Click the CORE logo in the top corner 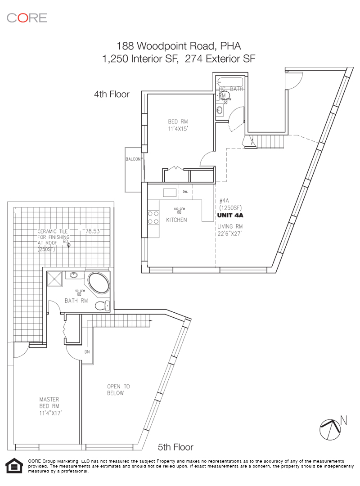coord(27,18)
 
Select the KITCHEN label coord(176,220)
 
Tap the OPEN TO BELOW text coord(118,390)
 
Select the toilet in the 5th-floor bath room coord(103,306)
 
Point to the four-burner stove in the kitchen coord(153,217)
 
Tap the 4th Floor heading coord(111,94)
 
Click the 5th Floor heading coord(175,447)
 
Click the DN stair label coord(87,352)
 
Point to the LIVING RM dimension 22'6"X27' coord(233,233)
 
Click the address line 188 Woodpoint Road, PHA coord(179,45)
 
